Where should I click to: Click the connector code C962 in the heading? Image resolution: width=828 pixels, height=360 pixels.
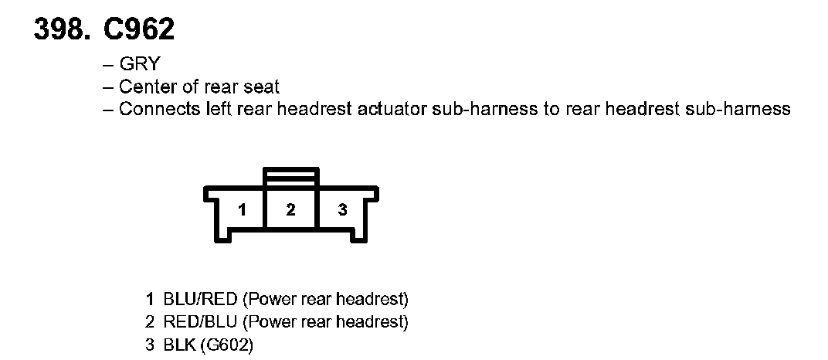(137, 29)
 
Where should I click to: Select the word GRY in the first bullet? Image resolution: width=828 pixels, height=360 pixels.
(139, 65)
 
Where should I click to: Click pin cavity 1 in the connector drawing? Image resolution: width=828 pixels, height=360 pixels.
(242, 210)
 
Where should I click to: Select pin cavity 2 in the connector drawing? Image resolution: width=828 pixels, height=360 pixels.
(290, 209)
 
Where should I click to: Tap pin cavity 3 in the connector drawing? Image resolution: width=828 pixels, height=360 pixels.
(342, 210)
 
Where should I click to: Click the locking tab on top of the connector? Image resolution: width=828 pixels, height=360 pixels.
(290, 176)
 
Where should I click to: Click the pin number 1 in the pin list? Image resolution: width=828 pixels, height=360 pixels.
(150, 298)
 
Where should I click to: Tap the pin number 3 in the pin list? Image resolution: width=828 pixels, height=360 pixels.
(150, 343)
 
